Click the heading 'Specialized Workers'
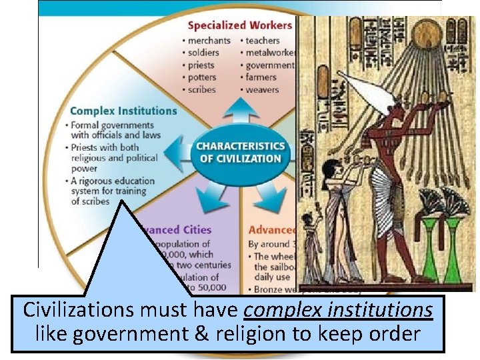(239, 25)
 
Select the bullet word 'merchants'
(209, 41)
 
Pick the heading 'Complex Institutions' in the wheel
(123, 111)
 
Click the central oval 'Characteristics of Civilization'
(241, 152)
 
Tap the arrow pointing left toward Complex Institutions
(179, 152)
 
